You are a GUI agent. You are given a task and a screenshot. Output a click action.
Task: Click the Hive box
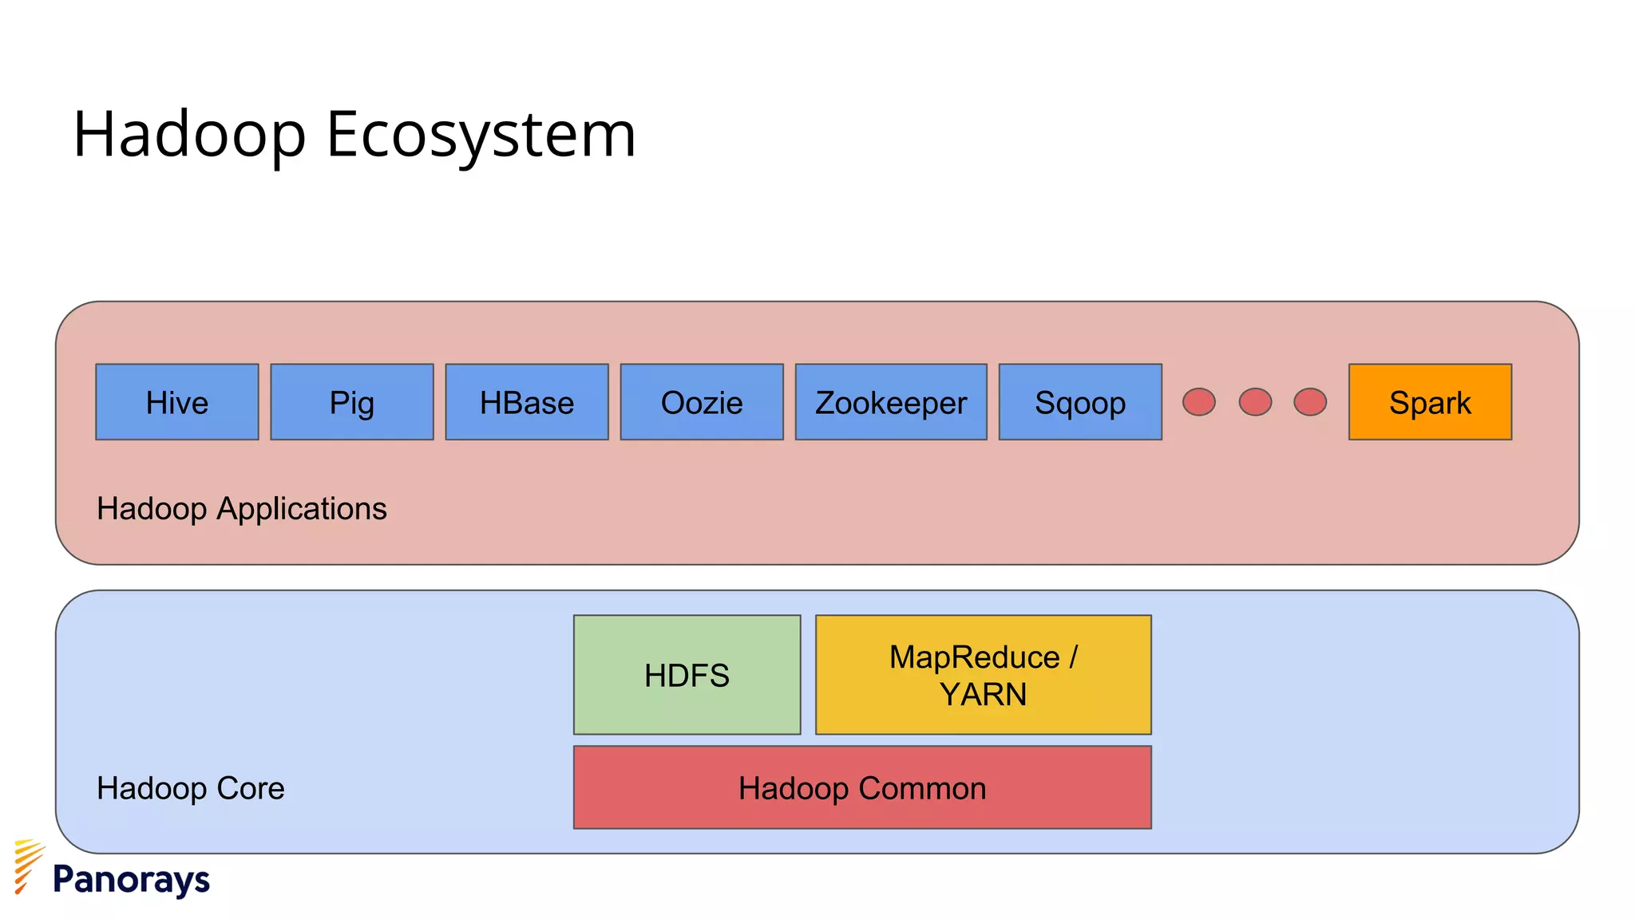[177, 402]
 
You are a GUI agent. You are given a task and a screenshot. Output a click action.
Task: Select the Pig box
[352, 402]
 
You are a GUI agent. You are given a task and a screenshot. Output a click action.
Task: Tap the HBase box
[527, 402]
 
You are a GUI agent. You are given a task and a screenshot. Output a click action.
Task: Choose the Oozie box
[702, 402]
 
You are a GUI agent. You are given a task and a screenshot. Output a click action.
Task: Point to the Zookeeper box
[891, 402]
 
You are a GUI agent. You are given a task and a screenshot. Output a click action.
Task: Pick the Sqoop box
[1080, 402]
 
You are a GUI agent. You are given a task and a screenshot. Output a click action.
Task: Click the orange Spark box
[1430, 402]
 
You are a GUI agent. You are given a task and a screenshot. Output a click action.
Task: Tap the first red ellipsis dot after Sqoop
[1199, 402]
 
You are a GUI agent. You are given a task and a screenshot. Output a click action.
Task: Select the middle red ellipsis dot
[1255, 402]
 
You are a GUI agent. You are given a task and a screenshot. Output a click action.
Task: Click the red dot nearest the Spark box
[1310, 402]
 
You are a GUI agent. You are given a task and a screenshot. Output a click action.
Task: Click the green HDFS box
[687, 675]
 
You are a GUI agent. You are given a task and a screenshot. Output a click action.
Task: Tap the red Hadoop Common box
[862, 787]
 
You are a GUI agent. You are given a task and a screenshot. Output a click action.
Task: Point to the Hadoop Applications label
[241, 509]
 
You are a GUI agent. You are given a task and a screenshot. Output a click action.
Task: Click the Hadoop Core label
[190, 788]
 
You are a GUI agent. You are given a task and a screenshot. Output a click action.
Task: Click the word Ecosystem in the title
[481, 134]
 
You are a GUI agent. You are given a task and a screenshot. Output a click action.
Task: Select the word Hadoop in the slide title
[189, 134]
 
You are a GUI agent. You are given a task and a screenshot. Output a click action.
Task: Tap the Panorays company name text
[131, 880]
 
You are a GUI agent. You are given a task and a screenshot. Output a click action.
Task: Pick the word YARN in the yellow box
[983, 695]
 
